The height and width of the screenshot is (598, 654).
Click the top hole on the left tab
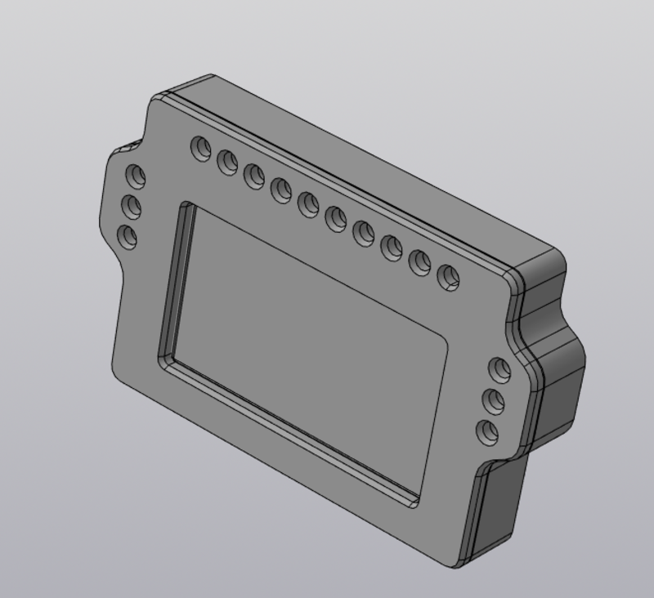click(x=134, y=176)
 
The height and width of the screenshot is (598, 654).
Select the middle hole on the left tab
click(x=131, y=206)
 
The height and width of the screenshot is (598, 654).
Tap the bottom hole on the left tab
click(x=128, y=237)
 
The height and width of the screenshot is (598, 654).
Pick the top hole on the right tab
click(x=499, y=369)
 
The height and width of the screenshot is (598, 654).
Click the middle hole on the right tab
click(x=494, y=400)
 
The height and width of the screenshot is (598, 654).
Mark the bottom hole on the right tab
click(x=488, y=431)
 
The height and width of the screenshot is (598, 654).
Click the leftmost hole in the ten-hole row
click(x=200, y=149)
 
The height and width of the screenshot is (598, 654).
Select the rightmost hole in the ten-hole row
click(x=448, y=278)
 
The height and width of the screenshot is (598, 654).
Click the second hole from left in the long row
click(x=227, y=162)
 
